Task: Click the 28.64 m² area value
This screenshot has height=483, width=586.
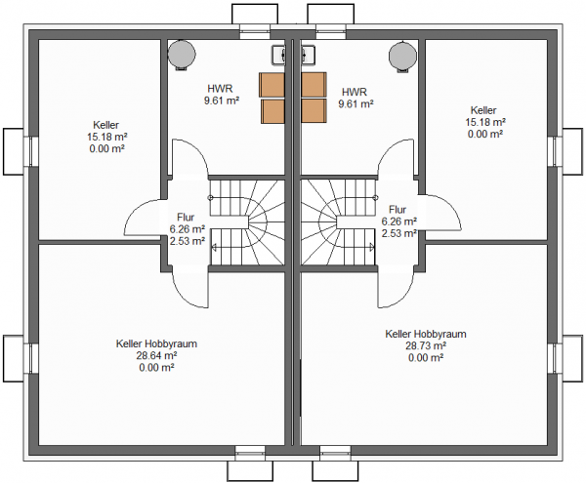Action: (156, 356)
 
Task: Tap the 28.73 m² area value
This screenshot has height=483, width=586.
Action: (426, 345)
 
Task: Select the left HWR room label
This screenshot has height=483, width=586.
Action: (220, 89)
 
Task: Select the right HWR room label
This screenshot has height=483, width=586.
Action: (355, 92)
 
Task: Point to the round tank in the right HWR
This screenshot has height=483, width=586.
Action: (402, 56)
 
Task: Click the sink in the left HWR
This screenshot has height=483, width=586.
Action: (278, 55)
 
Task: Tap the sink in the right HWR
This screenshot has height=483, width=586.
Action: (308, 55)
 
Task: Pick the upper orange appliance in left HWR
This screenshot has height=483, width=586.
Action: (272, 85)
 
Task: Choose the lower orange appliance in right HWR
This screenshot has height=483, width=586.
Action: (314, 110)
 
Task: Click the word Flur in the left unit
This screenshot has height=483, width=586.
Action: (186, 218)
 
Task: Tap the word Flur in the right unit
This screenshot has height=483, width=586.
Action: (398, 210)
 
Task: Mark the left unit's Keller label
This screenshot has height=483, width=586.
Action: (106, 125)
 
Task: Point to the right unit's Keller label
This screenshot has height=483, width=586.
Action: (483, 110)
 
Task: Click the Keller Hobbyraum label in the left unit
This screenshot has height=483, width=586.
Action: (156, 343)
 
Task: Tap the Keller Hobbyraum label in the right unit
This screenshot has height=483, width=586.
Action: (426, 334)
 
